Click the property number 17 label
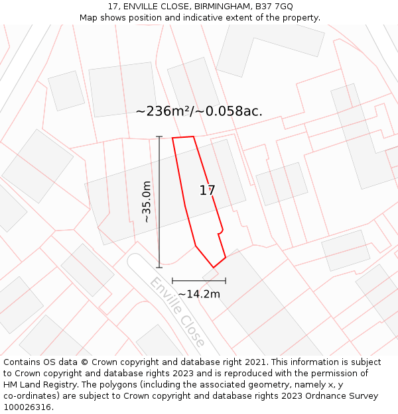(207, 191)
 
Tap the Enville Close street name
(176, 313)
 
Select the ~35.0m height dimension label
(147, 201)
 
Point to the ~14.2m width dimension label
(198, 294)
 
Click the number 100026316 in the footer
(27, 407)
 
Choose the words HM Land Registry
(40, 385)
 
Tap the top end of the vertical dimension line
(159, 137)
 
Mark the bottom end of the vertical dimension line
(159, 268)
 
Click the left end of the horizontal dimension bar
(172, 281)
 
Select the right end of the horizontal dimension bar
(226, 281)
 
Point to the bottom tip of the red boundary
(213, 268)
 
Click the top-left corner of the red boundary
(172, 138)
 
